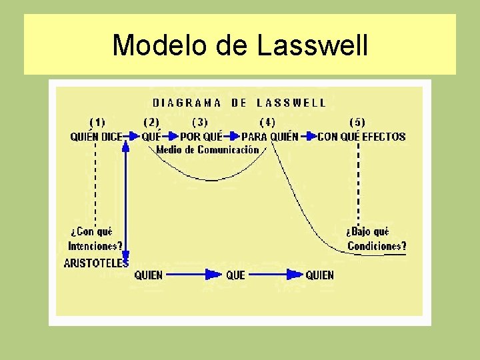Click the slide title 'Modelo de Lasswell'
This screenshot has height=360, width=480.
pos(240,45)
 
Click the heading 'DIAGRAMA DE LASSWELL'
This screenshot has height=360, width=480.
pos(239,103)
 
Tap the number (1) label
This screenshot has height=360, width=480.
pos(97,123)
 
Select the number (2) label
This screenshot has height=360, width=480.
pos(151,123)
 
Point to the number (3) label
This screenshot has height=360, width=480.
pos(200,123)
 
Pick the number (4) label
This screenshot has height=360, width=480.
pos(267,123)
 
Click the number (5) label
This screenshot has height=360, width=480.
pos(357,123)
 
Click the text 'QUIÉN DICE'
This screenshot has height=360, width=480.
pos(96,137)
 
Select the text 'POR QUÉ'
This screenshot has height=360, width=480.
pos(201,137)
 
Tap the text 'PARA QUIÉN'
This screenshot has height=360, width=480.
pos(269,137)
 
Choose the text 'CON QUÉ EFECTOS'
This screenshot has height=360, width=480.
pos(361,137)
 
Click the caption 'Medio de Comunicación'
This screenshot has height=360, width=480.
pos(207,150)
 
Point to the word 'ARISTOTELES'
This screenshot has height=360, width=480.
pos(96,263)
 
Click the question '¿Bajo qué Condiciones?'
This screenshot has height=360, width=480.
pos(376,239)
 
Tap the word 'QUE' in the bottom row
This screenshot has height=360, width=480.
pos(235,275)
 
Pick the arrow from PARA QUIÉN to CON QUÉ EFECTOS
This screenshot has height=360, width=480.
pos(308,137)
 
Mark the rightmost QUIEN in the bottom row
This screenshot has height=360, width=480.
pos(319,275)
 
